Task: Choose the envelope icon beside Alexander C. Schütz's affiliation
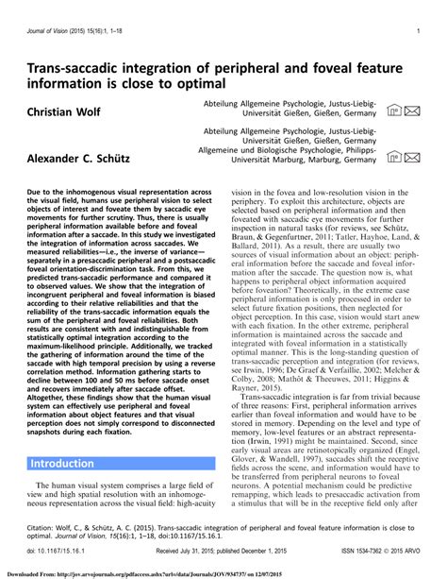tap(413, 152)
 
